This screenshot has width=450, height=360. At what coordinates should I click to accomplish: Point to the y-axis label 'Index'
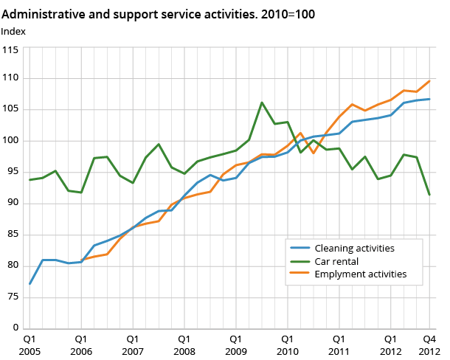click(x=13, y=30)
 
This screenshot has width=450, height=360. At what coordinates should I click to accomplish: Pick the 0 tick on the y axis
click(x=15, y=328)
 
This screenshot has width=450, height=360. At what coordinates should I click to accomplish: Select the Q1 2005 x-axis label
click(x=30, y=345)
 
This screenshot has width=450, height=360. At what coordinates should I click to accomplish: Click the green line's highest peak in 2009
click(x=262, y=103)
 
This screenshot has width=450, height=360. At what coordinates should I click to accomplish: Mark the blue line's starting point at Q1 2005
click(x=30, y=284)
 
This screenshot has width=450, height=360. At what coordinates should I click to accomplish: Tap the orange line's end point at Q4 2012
click(x=429, y=81)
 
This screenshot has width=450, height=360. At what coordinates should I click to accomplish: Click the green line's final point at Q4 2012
click(x=429, y=195)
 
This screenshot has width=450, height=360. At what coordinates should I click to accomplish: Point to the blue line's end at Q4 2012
click(x=429, y=99)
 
